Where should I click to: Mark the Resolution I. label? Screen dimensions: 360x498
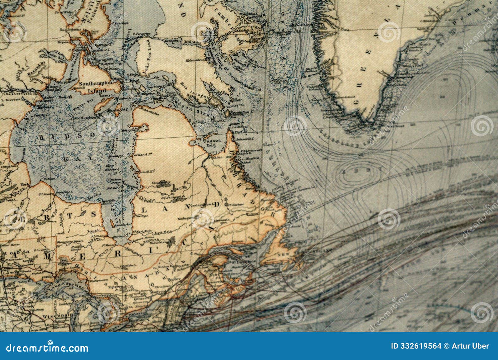[x=240, y=112]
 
